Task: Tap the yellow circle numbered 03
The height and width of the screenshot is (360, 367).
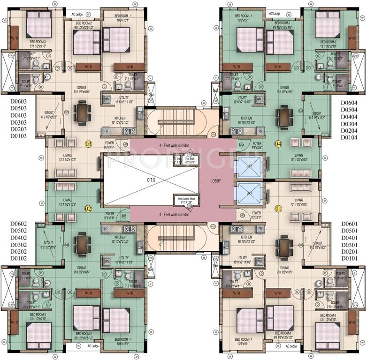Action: (88, 144)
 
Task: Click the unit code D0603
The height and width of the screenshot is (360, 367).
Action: (18, 101)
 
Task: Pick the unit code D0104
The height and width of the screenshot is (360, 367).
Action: (348, 137)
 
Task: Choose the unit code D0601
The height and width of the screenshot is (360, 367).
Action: (349, 224)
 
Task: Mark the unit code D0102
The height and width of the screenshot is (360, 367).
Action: (18, 258)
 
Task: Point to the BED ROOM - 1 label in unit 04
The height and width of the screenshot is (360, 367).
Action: (244, 18)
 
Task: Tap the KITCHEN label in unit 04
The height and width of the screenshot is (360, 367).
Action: (248, 118)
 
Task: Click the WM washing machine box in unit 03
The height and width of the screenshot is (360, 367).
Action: (107, 98)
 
